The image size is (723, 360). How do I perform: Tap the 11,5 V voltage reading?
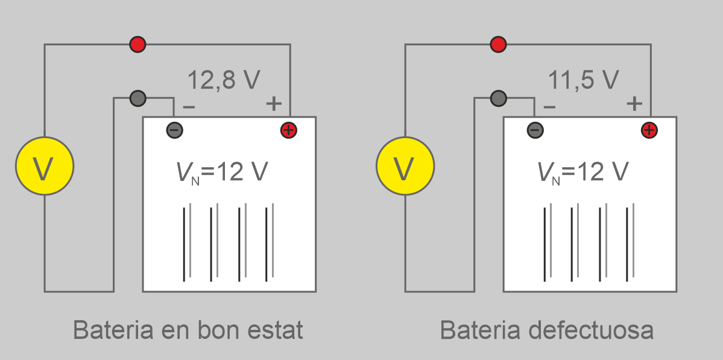click(583, 80)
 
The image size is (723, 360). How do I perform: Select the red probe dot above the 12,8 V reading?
click(137, 44)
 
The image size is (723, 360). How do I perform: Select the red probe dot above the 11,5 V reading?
click(498, 44)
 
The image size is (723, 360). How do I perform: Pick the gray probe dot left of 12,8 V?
click(137, 97)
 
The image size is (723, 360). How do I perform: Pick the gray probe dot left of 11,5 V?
click(498, 97)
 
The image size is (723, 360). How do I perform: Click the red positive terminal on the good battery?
click(289, 130)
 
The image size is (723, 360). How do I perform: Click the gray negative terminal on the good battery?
click(174, 130)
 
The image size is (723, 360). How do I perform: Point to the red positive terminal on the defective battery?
click(649, 130)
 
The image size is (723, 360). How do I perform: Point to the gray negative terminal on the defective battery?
click(535, 130)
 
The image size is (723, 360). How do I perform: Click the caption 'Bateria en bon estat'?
click(188, 330)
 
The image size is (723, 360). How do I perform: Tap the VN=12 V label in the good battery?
click(222, 173)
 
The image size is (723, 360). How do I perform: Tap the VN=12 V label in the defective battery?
click(583, 173)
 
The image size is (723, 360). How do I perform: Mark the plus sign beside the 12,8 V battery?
click(274, 104)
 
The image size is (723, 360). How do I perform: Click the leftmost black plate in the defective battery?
click(545, 244)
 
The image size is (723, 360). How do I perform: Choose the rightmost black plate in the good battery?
click(267, 244)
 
